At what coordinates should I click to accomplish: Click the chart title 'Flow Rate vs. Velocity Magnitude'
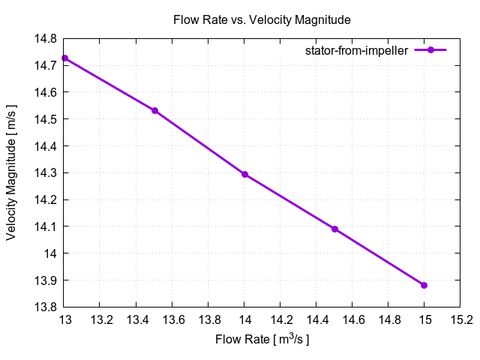[262, 19]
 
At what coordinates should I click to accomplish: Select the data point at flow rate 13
[65, 58]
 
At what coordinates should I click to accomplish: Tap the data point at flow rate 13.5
[155, 110]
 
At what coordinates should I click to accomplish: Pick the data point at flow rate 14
[244, 174]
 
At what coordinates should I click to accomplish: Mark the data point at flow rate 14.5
[334, 229]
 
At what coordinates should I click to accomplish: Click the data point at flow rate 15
[424, 285]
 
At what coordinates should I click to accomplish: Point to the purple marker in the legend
[430, 50]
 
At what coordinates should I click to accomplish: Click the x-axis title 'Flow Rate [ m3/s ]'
[262, 339]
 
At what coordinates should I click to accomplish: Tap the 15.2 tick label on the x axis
[460, 319]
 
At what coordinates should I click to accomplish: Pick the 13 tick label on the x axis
[65, 319]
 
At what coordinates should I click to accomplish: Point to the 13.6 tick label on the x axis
[172, 319]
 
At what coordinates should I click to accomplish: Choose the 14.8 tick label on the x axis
[388, 319]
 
